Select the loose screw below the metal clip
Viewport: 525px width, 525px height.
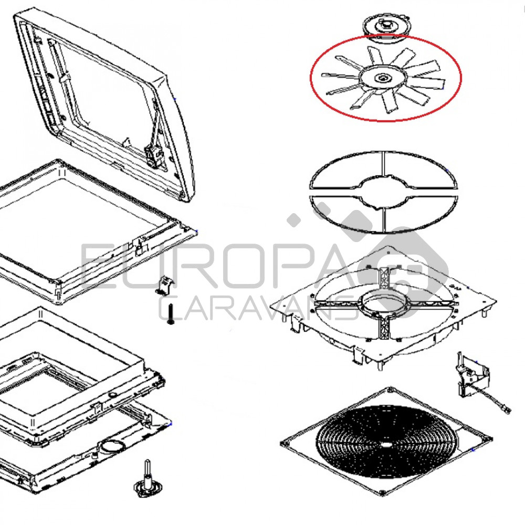pos(171,314)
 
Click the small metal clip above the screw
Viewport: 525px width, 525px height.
pos(165,285)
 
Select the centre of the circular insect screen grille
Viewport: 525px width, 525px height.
pos(386,444)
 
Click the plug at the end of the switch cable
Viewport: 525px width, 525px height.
pos(507,409)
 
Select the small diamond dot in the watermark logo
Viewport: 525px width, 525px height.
pos(294,220)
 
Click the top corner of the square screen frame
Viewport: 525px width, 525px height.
pos(390,389)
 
